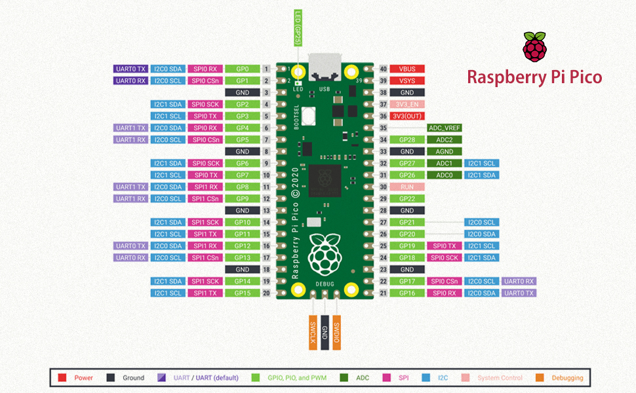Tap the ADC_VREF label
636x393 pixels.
click(x=445, y=128)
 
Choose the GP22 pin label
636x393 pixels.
click(x=407, y=198)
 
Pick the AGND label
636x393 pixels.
click(x=445, y=151)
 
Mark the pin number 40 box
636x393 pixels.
click(x=382, y=69)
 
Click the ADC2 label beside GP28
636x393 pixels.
click(x=445, y=140)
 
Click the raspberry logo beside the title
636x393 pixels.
click(x=534, y=47)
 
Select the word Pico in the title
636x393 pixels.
click(x=583, y=77)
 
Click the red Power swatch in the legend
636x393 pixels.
click(x=62, y=378)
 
